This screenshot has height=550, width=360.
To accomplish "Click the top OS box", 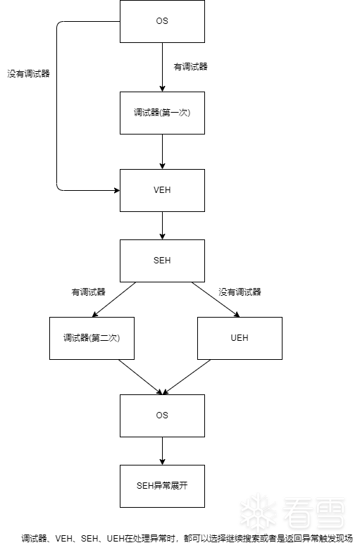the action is [162, 21].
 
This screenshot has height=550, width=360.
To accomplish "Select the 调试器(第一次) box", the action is [162, 113].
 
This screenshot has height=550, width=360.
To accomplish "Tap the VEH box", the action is [162, 190].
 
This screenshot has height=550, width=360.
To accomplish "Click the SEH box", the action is [162, 261].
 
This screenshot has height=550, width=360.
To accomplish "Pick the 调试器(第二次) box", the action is [92, 339].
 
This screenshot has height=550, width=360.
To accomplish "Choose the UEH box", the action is [240, 339].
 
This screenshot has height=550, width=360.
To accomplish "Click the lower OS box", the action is [162, 416].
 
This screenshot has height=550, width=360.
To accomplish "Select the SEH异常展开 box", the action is [162, 486].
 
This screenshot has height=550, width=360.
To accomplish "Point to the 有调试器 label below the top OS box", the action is [190, 67].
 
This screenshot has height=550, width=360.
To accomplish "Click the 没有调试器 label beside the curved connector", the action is [29, 74].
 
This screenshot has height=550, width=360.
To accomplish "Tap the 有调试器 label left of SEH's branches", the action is [89, 292].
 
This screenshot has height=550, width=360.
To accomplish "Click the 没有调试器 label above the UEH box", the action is [240, 292].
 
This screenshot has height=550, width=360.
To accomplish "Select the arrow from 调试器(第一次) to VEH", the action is [162, 152].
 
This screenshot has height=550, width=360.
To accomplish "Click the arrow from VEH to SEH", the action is [162, 226].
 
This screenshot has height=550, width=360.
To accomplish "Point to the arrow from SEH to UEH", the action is [216, 300].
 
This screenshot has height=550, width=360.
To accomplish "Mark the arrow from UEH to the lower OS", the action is [187, 377].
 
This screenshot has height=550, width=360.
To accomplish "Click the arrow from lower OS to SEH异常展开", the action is [162, 451].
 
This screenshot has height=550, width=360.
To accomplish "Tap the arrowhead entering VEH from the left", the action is [117, 190].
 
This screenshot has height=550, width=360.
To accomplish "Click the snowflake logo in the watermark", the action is [259, 513].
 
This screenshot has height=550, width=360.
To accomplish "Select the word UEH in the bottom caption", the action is [115, 539].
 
